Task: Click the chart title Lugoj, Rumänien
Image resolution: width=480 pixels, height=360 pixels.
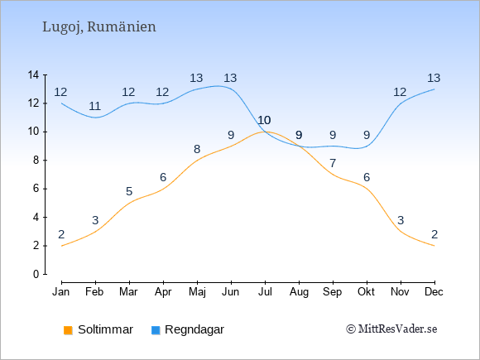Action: click(x=98, y=27)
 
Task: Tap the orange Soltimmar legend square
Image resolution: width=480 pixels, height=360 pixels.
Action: click(x=68, y=330)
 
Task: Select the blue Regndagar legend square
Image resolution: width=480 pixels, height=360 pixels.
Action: click(x=156, y=330)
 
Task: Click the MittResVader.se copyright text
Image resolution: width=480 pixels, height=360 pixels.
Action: click(x=391, y=329)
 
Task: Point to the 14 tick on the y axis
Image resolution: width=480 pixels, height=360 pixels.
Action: click(x=33, y=74)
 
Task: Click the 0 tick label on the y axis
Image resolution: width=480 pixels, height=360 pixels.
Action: click(x=36, y=274)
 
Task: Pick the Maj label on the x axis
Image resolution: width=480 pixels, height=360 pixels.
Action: click(x=197, y=292)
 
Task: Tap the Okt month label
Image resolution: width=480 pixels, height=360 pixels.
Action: click(x=366, y=292)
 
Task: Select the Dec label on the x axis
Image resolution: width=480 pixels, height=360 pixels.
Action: click(x=434, y=292)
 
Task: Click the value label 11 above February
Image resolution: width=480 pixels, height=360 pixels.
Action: click(x=95, y=106)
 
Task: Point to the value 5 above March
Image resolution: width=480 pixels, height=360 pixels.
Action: click(x=129, y=192)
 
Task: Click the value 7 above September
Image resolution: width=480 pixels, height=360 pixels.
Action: click(x=333, y=163)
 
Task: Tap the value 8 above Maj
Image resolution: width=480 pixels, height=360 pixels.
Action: click(x=197, y=149)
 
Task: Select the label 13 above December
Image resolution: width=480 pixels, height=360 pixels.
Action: click(x=434, y=78)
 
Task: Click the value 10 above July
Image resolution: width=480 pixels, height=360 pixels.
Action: click(x=265, y=120)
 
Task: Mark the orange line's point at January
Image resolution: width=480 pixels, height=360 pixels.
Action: click(x=62, y=246)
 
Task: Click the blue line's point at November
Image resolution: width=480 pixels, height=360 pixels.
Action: click(x=401, y=103)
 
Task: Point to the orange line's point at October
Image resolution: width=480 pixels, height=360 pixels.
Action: click(x=367, y=189)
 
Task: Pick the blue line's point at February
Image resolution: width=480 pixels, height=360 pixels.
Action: click(x=95, y=118)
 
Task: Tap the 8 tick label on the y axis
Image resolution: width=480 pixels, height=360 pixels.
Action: click(x=36, y=160)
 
